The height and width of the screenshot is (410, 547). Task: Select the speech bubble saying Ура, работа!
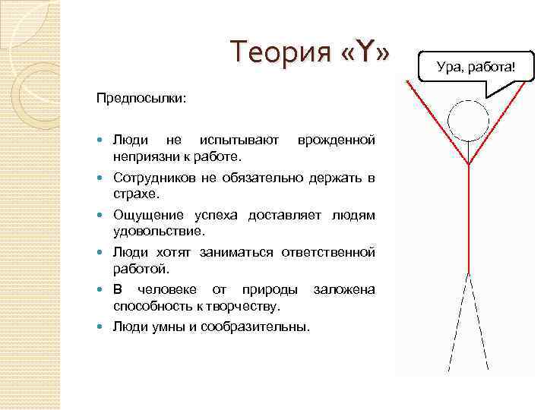tap(476, 68)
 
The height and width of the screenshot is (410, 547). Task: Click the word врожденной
tap(336, 140)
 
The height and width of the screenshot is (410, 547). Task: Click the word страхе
tap(134, 194)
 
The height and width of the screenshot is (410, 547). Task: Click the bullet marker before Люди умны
tap(103, 326)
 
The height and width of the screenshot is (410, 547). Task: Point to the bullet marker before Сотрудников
tap(103, 178)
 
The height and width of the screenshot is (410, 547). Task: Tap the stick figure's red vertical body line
tap(469, 220)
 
